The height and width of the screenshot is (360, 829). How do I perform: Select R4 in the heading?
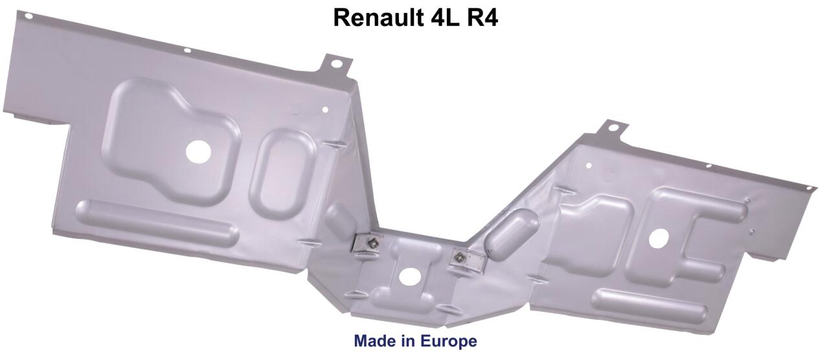pyautogui.click(x=481, y=17)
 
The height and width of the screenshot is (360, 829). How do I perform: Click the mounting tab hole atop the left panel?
pyautogui.click(x=337, y=63)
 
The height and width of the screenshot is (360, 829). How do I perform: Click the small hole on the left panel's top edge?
pyautogui.click(x=187, y=50)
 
